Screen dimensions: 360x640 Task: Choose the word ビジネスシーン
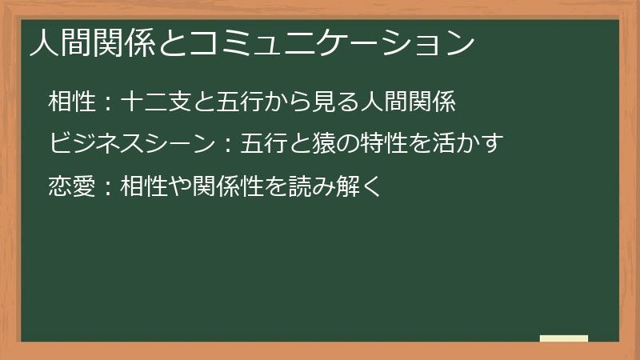point(130,144)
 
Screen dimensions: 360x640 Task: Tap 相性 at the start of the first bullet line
point(69,102)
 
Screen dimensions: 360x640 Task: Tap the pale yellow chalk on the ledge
point(564,338)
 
